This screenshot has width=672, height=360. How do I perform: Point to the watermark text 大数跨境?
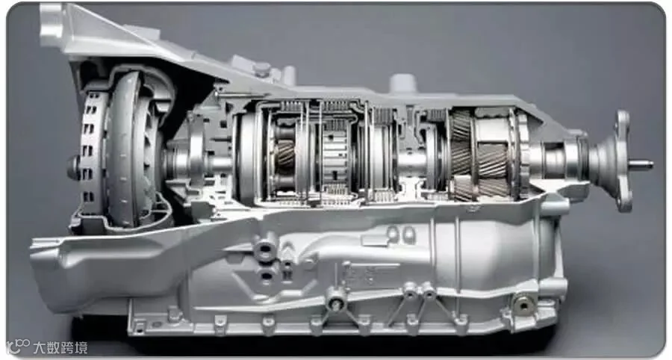60,347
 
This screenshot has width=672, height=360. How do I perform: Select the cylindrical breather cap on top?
403,83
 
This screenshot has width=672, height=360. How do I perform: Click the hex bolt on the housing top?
262,69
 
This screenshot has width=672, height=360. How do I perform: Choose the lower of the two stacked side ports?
267,275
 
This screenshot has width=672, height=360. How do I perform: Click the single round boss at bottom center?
336,301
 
